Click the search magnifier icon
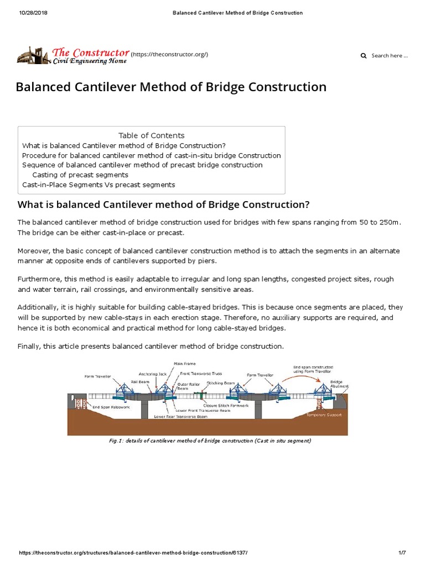pos(364,56)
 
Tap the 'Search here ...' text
pos(390,56)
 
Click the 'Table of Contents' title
pos(151,135)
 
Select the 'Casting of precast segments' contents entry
pos(80,175)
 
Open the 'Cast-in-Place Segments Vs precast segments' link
pos(99,185)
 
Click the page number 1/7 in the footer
pos(402,553)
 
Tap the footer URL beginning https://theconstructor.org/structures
pos(133,553)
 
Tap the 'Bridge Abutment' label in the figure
pos(336,384)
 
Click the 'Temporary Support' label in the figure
pos(326,415)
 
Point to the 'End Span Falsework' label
pos(110,407)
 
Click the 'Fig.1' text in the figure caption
pos(115,441)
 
